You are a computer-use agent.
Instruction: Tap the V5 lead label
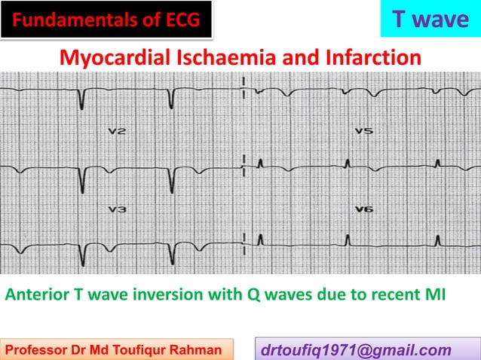tap(364, 132)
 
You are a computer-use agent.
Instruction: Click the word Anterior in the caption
tap(33, 294)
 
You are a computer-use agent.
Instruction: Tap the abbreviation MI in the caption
tap(434, 294)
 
